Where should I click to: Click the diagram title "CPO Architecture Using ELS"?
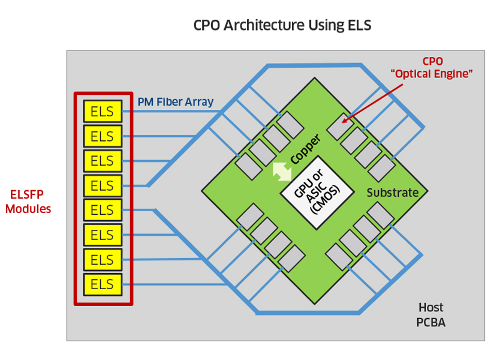pos(282,26)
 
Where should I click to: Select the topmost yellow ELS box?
pos(103,111)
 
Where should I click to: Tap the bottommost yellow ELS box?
pos(103,284)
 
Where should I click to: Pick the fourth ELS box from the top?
pos(103,185)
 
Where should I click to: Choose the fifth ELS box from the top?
pos(103,210)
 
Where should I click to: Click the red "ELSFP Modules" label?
pos(28,202)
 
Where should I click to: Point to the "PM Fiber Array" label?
pos(175,102)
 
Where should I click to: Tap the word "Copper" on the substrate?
pos(305,149)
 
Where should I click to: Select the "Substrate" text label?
pos(392,193)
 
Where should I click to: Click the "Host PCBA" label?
pos(430,315)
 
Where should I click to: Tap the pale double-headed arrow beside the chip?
pos(282,170)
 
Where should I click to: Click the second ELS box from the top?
pos(103,136)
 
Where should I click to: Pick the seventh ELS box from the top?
pos(103,260)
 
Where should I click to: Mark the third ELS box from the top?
pos(103,161)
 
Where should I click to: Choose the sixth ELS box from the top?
pos(103,235)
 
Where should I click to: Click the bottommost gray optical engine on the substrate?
pos(292,258)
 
